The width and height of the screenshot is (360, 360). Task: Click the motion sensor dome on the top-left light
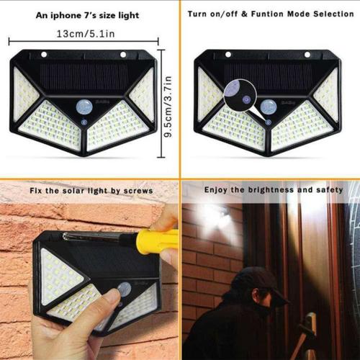pos(84,107)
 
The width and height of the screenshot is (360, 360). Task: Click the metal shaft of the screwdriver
pos(90,235)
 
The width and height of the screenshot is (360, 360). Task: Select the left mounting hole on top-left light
pos(44,55)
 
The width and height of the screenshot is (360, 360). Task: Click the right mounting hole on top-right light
pos(307,55)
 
